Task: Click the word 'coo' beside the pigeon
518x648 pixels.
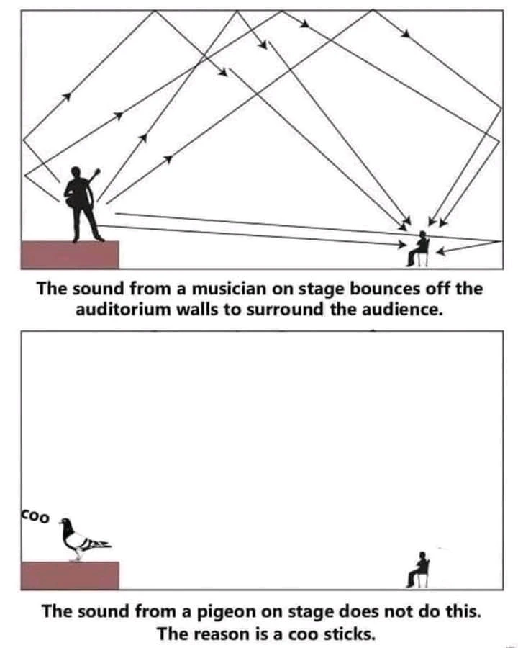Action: pos(35,517)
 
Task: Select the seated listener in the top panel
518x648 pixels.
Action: pos(419,248)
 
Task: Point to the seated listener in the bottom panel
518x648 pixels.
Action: pos(419,569)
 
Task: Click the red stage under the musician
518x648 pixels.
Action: pos(70,254)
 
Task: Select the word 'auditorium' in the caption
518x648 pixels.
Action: pos(119,310)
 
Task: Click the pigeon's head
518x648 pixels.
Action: pos(66,523)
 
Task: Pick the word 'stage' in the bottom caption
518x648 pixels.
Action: pos(309,613)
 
